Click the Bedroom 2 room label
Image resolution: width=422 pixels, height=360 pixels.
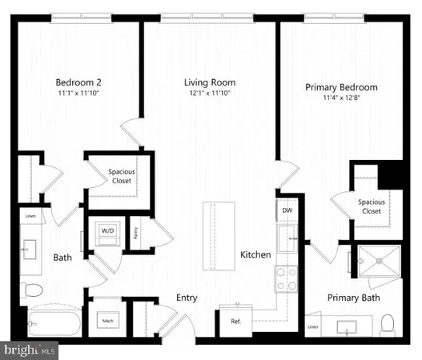(78, 82)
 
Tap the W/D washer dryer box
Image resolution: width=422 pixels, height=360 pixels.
(107, 232)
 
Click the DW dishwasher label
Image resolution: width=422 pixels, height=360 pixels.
(287, 210)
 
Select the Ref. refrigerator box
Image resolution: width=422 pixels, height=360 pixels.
(236, 321)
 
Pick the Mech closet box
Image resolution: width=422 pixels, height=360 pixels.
(107, 321)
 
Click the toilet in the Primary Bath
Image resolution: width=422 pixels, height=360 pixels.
(387, 324)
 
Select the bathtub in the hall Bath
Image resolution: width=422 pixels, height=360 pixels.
(52, 325)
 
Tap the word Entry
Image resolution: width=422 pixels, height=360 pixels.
(187, 298)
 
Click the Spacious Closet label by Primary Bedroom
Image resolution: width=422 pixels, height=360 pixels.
(371, 207)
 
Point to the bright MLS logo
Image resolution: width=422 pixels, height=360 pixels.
(30, 350)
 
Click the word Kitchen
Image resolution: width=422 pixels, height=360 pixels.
(256, 255)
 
